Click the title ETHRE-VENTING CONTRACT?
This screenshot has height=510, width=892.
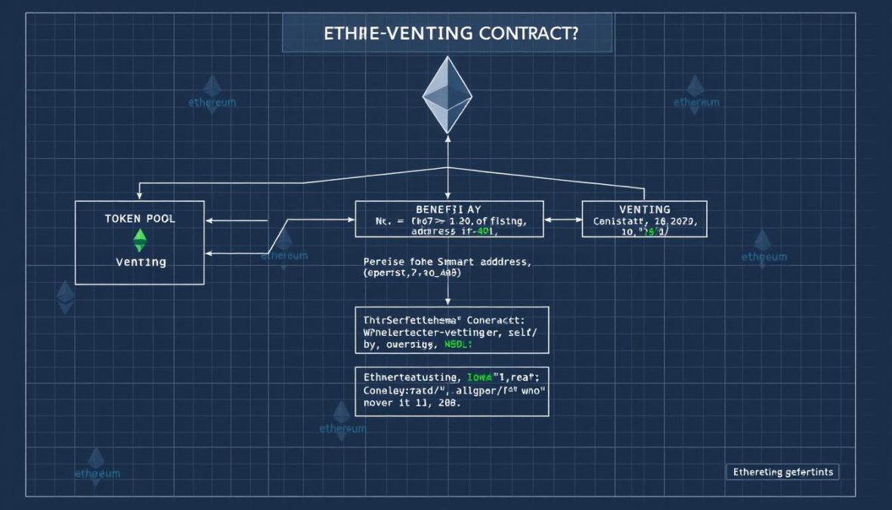(x=447, y=34)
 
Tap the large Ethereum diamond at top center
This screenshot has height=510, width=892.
(x=447, y=95)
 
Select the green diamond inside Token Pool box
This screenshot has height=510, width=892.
(x=140, y=241)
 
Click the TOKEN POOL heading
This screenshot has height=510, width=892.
(x=140, y=218)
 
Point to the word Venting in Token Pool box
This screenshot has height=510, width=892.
(x=141, y=262)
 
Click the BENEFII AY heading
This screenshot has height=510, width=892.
(x=448, y=208)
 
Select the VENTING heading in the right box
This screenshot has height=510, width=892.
(x=644, y=209)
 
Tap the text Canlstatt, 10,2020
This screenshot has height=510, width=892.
(x=644, y=222)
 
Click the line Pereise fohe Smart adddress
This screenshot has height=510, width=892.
(x=448, y=262)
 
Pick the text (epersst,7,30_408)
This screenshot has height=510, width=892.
(x=412, y=274)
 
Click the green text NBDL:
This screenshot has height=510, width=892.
(x=457, y=344)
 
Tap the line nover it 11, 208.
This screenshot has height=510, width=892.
(x=411, y=403)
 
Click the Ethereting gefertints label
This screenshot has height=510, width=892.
(x=782, y=471)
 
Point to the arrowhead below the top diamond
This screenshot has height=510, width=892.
(x=448, y=138)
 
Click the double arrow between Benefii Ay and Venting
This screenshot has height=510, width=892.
(x=562, y=219)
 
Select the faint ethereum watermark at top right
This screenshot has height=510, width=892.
(x=696, y=99)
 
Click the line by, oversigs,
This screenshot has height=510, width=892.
(x=400, y=344)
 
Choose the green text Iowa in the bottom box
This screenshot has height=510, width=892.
(x=478, y=376)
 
